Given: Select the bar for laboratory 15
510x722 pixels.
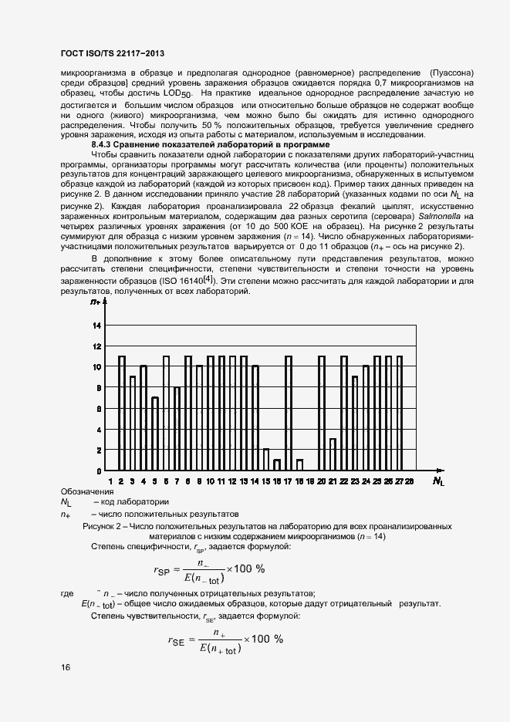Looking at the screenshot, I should click(266, 460).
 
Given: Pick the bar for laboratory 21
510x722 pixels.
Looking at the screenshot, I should click(333, 454).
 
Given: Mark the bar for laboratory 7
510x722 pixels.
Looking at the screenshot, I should click(177, 429).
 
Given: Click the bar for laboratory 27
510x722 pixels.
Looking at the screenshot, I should click(399, 413).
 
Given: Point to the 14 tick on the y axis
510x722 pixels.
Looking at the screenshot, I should click(97, 326).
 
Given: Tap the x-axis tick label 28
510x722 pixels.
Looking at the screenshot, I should click(410, 481).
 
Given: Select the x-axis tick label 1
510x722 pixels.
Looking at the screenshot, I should click(110, 481).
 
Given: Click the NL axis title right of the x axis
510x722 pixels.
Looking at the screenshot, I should click(437, 482).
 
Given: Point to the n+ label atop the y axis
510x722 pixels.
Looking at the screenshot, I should click(96, 302).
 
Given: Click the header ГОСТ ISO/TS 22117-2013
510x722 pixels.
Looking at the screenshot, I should click(113, 53).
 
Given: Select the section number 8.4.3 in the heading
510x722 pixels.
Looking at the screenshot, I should click(104, 144).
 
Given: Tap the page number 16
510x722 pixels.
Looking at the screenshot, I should click(65, 668).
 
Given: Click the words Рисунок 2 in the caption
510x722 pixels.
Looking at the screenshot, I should click(103, 525).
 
